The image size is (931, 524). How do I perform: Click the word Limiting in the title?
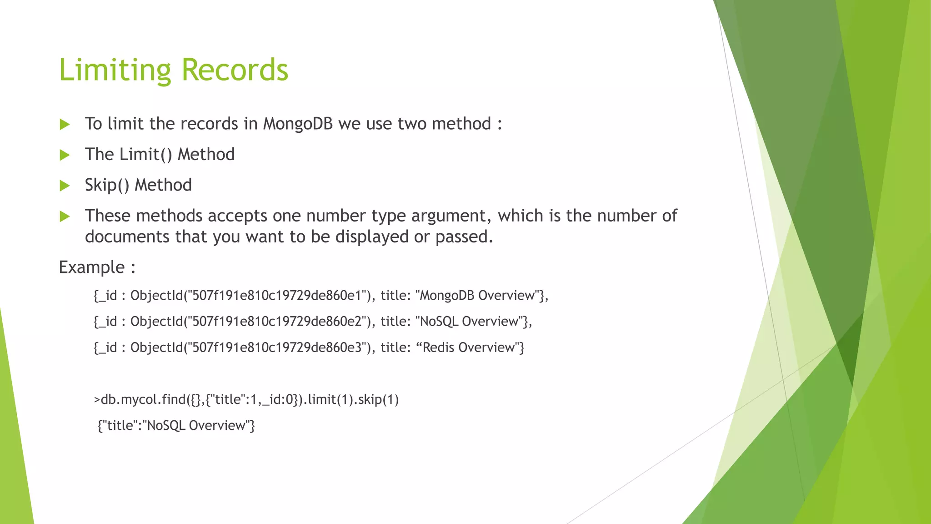[115, 70]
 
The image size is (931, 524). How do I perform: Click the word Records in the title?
[235, 70]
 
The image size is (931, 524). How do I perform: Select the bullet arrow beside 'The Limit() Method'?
[65, 155]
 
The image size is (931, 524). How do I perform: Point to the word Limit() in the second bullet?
[145, 155]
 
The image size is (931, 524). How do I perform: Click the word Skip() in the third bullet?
[107, 185]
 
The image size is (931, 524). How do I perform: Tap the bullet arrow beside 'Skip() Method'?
[65, 186]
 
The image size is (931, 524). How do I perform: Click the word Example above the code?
[92, 267]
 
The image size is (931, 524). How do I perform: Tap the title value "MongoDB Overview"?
[477, 296]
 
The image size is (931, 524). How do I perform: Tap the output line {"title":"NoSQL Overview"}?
[176, 426]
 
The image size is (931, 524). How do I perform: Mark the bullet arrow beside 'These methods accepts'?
[65, 216]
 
